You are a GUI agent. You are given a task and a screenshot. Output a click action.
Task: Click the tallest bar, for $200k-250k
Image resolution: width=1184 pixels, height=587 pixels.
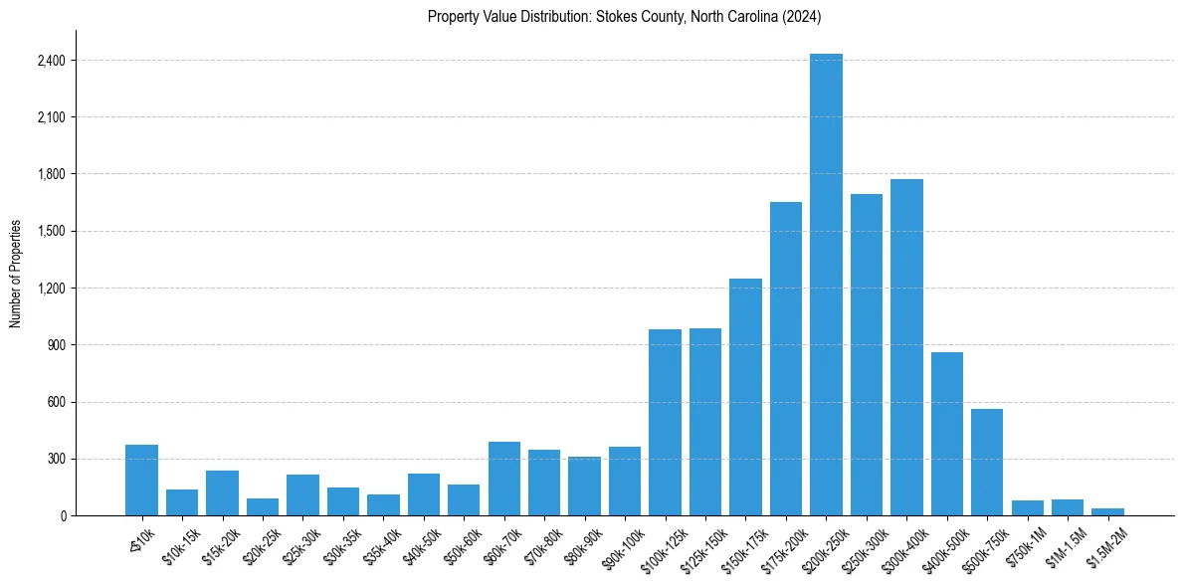pyautogui.click(x=826, y=285)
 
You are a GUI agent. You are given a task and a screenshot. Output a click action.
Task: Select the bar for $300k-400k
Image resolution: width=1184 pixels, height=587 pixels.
pyautogui.click(x=906, y=347)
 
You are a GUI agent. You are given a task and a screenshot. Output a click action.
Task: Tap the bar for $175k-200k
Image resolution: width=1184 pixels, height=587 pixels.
pyautogui.click(x=786, y=358)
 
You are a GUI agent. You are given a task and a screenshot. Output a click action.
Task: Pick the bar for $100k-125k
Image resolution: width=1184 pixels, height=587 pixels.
pyautogui.click(x=665, y=422)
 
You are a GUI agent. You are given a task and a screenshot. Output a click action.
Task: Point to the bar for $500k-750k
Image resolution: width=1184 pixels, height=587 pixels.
pyautogui.click(x=987, y=462)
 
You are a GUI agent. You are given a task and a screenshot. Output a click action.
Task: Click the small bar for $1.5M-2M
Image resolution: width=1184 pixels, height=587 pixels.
pyautogui.click(x=1107, y=511)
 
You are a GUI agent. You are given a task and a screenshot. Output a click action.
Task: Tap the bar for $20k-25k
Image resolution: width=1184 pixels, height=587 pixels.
pyautogui.click(x=263, y=506)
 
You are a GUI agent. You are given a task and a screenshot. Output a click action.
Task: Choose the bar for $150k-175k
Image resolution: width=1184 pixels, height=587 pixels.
pyautogui.click(x=745, y=397)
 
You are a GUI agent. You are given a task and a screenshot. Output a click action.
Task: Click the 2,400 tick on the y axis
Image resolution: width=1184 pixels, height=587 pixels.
pyautogui.click(x=51, y=61)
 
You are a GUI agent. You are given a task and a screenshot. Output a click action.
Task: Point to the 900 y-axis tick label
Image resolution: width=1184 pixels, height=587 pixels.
pyautogui.click(x=56, y=345)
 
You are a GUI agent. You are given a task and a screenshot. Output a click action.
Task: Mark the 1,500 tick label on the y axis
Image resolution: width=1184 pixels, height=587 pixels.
pyautogui.click(x=51, y=232)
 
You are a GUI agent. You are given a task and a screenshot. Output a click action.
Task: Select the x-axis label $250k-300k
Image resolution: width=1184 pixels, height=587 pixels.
pyautogui.click(x=859, y=546)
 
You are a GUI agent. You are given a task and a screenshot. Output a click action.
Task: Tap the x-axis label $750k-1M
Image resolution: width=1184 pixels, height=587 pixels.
pyautogui.click(x=1021, y=545)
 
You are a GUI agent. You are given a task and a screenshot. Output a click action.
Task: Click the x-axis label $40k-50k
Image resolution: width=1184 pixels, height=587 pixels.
pyautogui.click(x=417, y=544)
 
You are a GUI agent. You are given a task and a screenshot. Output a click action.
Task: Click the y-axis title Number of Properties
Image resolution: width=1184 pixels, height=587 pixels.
pyautogui.click(x=16, y=273)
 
